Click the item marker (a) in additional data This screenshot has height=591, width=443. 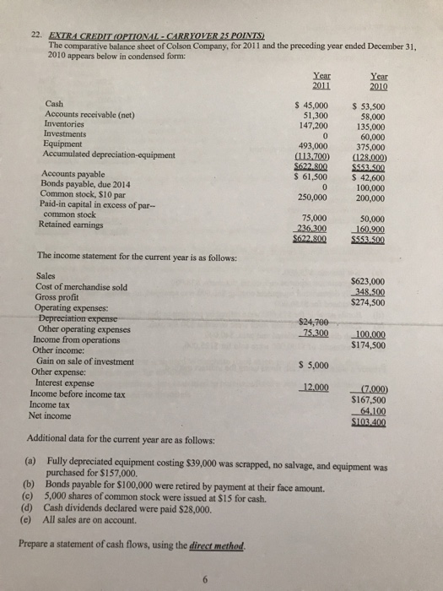click(x=33, y=466)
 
